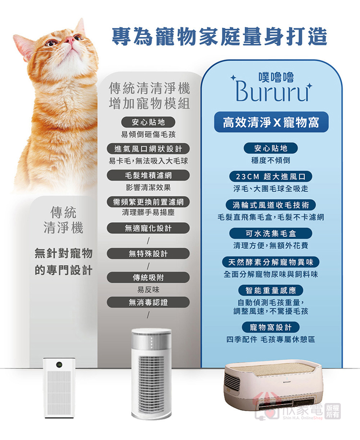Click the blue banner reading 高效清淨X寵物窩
pyautogui.click(x=271, y=122)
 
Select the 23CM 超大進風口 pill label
pyautogui.click(x=271, y=176)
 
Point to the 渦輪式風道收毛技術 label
pyautogui.click(x=271, y=205)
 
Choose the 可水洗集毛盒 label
pyautogui.click(x=271, y=233)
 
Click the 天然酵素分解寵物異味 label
pyautogui.click(x=271, y=262)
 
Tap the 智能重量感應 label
pyautogui.click(x=271, y=290)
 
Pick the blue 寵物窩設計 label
pyautogui.click(x=271, y=327)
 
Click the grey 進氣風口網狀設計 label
pyautogui.click(x=148, y=149)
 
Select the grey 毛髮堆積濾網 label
pyautogui.click(x=148, y=175)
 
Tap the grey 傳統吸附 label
pyautogui.click(x=148, y=278)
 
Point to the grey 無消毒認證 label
pyautogui.click(x=148, y=302)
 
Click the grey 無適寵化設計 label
pyautogui.click(x=148, y=228)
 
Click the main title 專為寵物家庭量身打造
pyautogui.click(x=219, y=37)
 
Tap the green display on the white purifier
pyautogui.click(x=59, y=365)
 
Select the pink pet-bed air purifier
pyautogui.click(x=272, y=388)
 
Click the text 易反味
pyautogui.click(x=148, y=290)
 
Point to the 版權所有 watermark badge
pyautogui.click(x=332, y=411)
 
